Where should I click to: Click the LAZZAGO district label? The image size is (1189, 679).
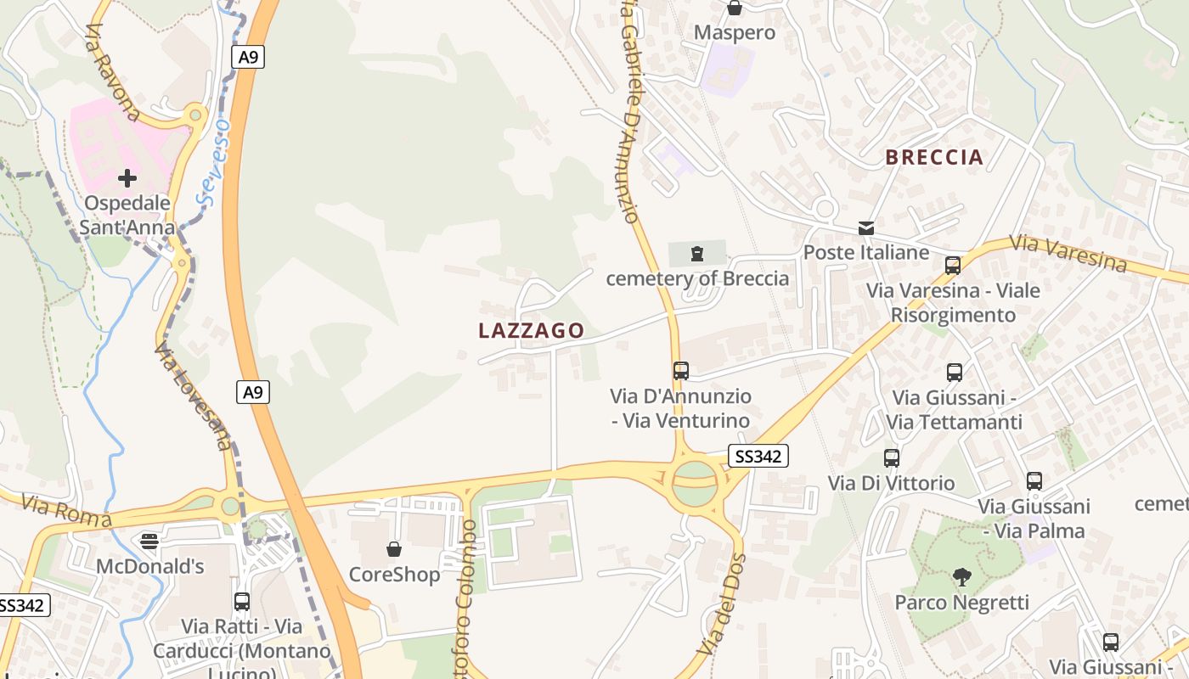pos(532,331)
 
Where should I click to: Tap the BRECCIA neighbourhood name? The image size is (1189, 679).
pos(934,157)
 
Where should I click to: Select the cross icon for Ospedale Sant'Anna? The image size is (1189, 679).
pos(127,178)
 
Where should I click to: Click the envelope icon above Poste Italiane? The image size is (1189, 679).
pos(866,227)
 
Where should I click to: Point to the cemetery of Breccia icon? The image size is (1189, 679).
pos(697,253)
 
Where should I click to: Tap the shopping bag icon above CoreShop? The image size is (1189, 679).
pos(394,549)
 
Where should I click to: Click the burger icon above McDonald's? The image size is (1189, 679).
pos(149,541)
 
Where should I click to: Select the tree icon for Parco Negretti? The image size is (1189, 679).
pos(961,578)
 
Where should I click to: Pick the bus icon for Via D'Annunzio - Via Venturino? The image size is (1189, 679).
pos(680,370)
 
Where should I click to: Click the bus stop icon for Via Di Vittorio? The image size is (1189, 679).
pos(891,458)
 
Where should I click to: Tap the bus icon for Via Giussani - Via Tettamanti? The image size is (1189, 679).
pos(954,372)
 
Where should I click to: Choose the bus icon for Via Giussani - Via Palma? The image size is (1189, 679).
pos(1034,481)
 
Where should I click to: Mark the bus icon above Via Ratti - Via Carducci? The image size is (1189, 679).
pos(242,602)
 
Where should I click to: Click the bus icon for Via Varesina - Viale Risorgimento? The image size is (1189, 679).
pos(952,266)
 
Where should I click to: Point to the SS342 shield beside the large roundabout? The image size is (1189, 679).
pos(758,457)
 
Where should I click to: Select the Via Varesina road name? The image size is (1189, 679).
pos(1068,253)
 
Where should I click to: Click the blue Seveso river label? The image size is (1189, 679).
pos(212,161)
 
